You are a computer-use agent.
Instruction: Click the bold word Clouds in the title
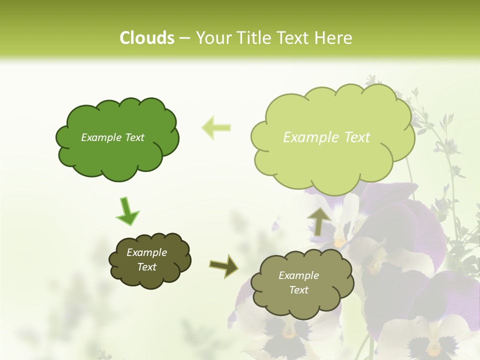(x=147, y=38)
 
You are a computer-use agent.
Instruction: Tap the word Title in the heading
(x=255, y=38)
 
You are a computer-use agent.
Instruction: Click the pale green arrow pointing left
(x=216, y=127)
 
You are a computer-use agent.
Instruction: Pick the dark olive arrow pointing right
(x=224, y=265)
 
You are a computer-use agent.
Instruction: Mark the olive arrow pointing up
(x=318, y=221)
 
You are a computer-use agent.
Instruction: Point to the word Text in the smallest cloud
(x=147, y=267)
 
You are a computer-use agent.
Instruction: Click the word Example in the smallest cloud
(x=147, y=252)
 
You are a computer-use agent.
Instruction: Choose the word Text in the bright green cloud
(x=134, y=137)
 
